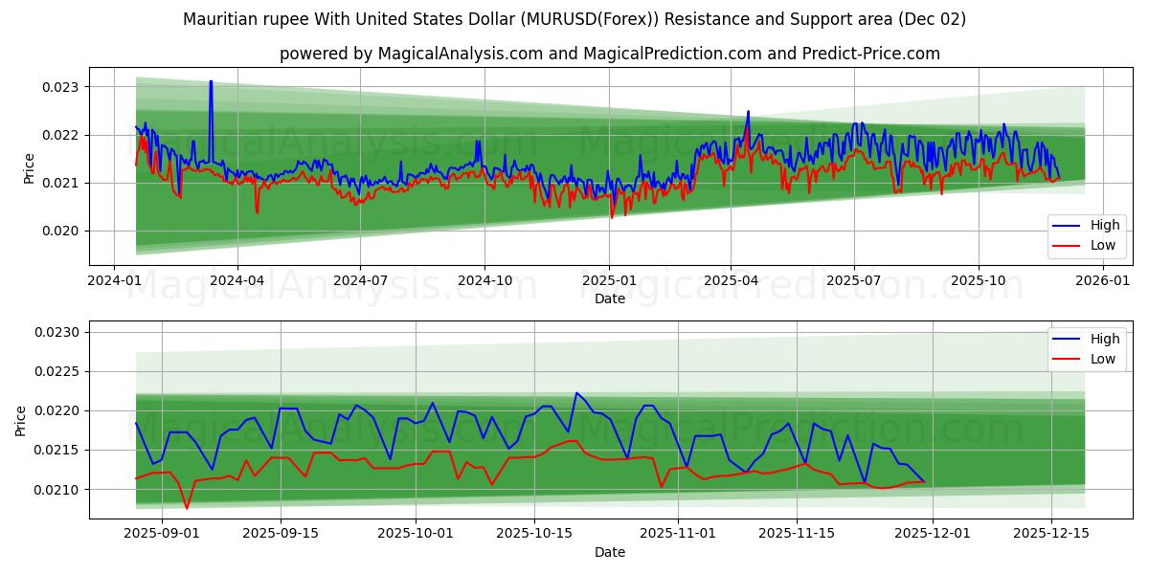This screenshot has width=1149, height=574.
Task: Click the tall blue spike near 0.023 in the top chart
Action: (x=211, y=82)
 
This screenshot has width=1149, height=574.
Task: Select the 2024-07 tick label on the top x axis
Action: (x=360, y=281)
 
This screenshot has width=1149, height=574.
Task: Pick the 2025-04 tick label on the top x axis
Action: (x=731, y=281)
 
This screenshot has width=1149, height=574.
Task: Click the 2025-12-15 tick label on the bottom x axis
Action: (x=1050, y=534)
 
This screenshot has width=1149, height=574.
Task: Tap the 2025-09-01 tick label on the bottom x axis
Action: (x=162, y=534)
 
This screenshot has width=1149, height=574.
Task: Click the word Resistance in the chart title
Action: (x=747, y=19)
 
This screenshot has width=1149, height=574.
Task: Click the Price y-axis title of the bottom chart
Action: (x=21, y=420)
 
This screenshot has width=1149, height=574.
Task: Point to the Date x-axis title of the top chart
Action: (x=609, y=298)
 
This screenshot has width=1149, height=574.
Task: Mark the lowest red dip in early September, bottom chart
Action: (x=187, y=508)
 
